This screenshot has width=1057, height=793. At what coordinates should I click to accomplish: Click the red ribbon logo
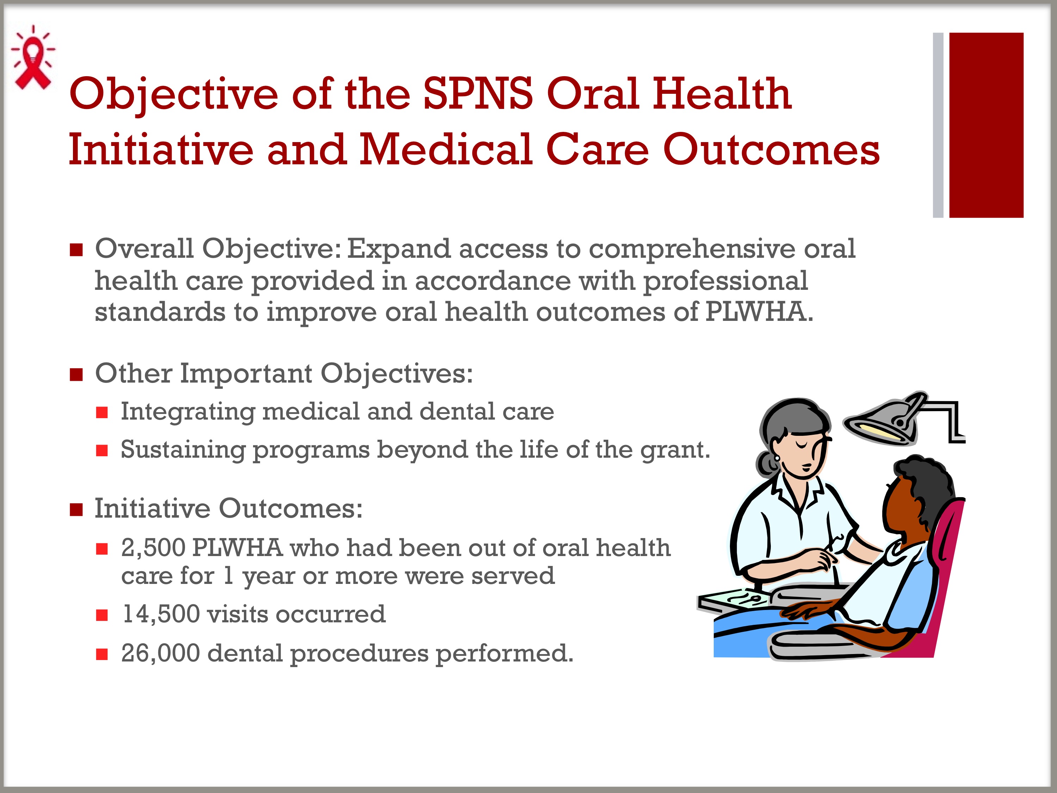tap(32, 58)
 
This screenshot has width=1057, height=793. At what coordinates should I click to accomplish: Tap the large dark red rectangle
tap(986, 125)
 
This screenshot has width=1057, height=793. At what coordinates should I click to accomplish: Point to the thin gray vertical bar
tap(938, 125)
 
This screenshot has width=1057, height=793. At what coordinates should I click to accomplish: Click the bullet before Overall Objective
tap(76, 250)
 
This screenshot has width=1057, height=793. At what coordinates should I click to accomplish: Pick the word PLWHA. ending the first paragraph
tap(759, 312)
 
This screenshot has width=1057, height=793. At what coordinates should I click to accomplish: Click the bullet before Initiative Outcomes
tap(76, 510)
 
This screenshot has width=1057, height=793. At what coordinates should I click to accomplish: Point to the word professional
tap(725, 281)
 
